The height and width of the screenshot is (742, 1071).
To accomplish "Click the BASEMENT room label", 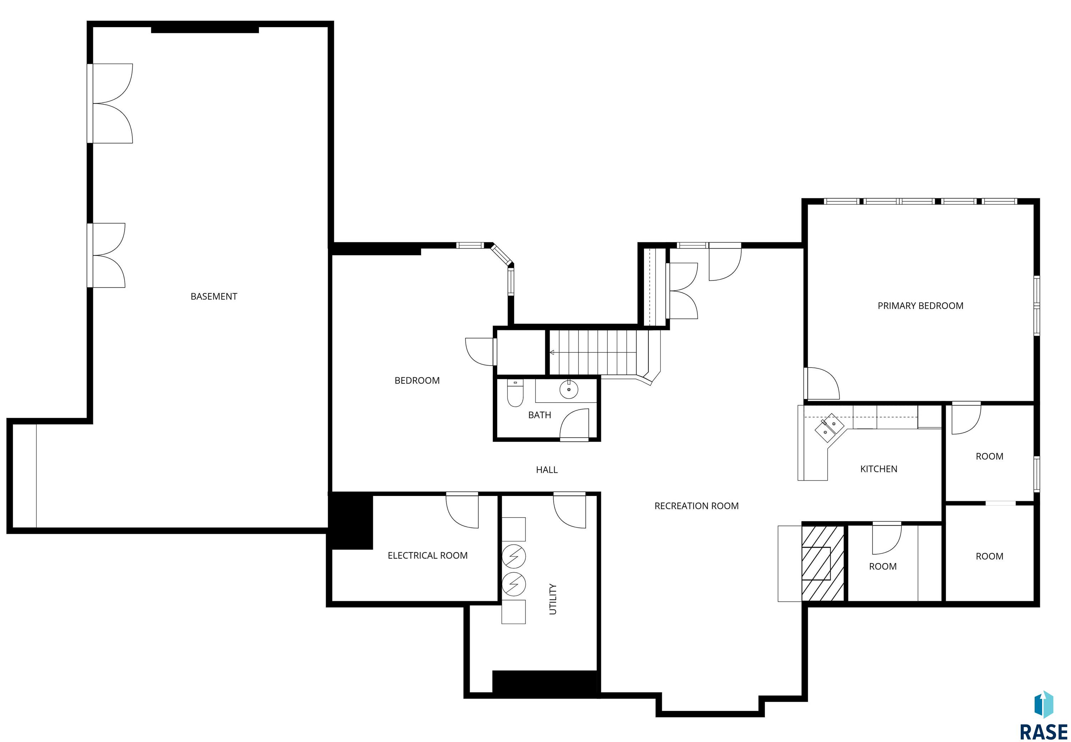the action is click(x=214, y=297).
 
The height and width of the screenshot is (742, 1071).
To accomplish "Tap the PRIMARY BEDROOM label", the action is click(x=920, y=306).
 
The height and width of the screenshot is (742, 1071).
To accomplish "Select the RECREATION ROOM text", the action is click(x=696, y=506).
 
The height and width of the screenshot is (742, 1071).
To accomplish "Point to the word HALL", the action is click(x=546, y=470).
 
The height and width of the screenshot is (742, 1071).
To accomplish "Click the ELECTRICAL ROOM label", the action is click(x=427, y=556).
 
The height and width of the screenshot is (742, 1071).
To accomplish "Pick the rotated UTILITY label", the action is click(x=553, y=599).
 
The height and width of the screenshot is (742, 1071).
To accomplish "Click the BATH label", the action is click(x=540, y=415).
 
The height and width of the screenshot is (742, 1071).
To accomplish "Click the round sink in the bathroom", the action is click(x=568, y=389).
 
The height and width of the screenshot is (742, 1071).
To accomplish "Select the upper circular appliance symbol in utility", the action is click(x=514, y=557).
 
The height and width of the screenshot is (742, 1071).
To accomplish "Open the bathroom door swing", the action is click(x=574, y=424).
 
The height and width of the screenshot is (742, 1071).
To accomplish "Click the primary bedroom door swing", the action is click(x=822, y=383).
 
